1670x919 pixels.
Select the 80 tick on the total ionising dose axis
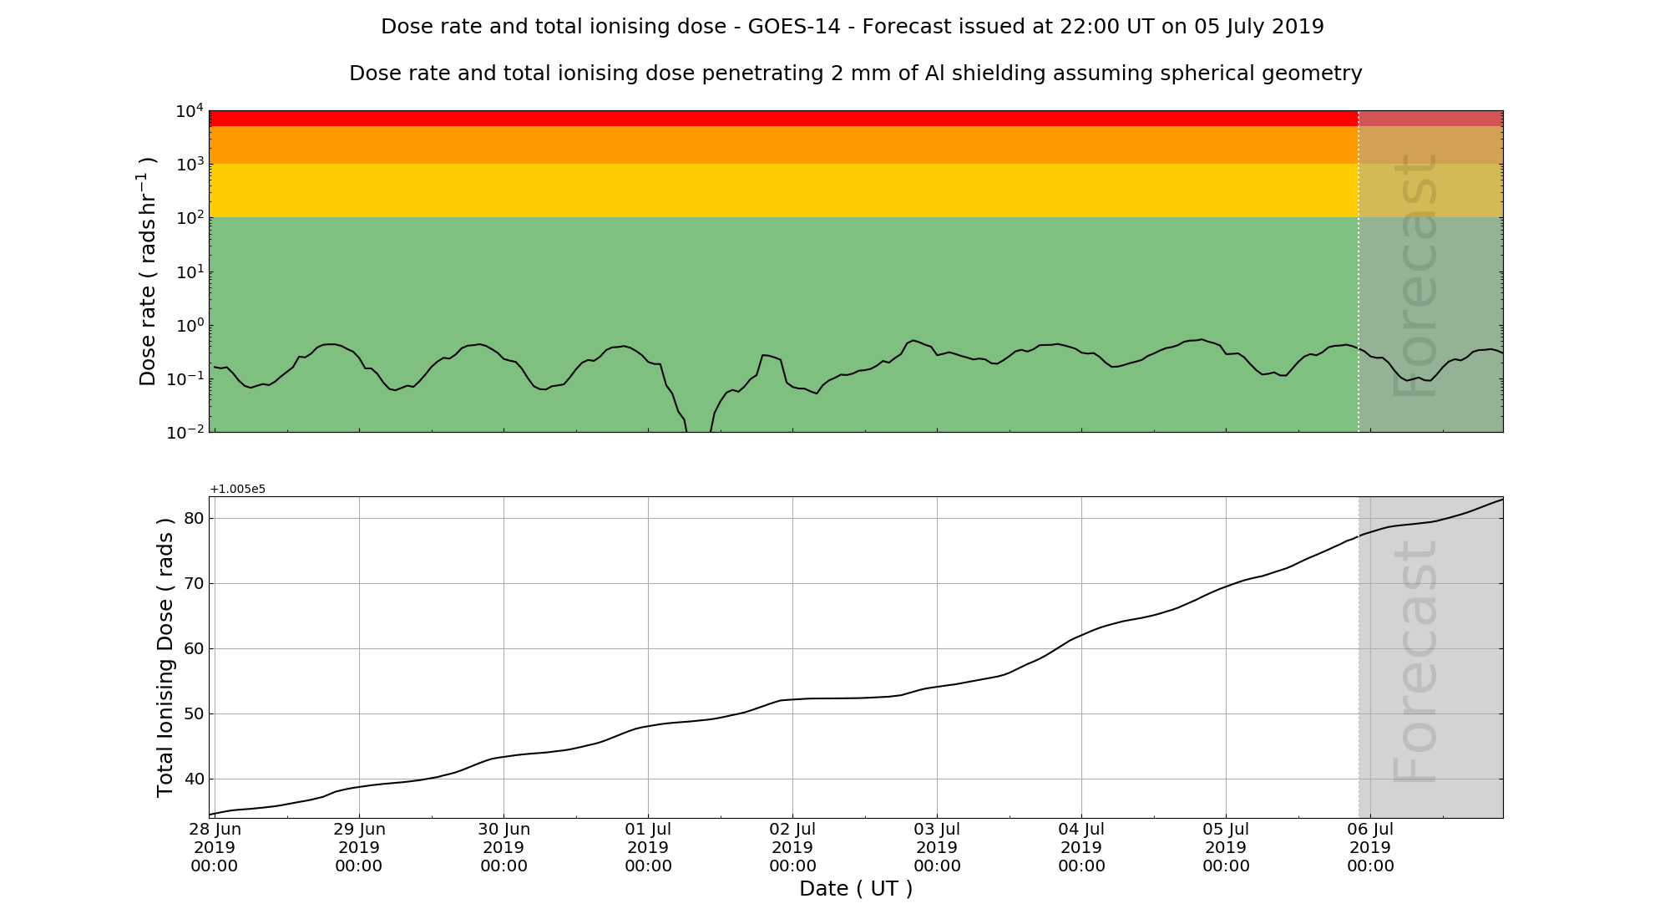[x=194, y=518]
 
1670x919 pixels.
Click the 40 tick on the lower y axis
[x=194, y=779]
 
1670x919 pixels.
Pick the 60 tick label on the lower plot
[x=194, y=648]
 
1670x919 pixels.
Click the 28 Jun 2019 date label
[x=215, y=847]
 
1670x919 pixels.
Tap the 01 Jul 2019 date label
[x=648, y=847]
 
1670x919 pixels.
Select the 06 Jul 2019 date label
[x=1370, y=847]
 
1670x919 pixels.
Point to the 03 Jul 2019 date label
[x=937, y=847]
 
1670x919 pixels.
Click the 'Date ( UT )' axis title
[x=856, y=889]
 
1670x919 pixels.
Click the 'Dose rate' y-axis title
[x=148, y=272]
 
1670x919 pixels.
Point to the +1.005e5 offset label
[x=238, y=489]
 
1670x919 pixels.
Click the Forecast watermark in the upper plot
[x=1416, y=276]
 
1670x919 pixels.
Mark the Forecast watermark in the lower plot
[x=1416, y=660]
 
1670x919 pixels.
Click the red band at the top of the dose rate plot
[x=783, y=118]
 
